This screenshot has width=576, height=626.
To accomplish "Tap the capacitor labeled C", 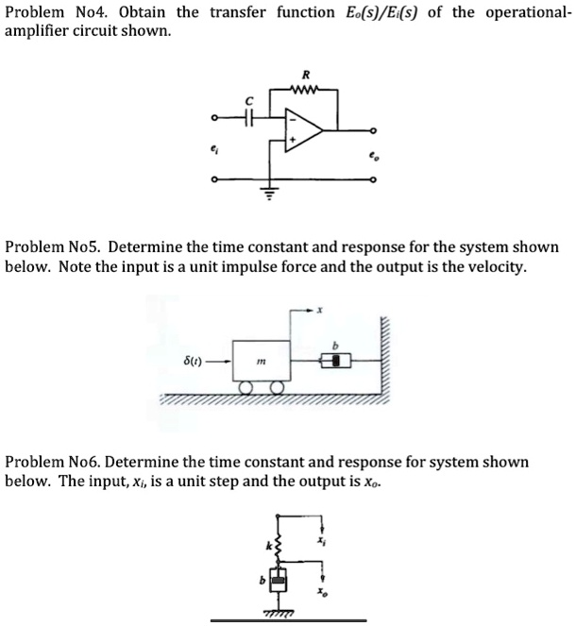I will click(249, 118).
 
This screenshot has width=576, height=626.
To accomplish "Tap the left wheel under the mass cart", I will click(246, 387).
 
